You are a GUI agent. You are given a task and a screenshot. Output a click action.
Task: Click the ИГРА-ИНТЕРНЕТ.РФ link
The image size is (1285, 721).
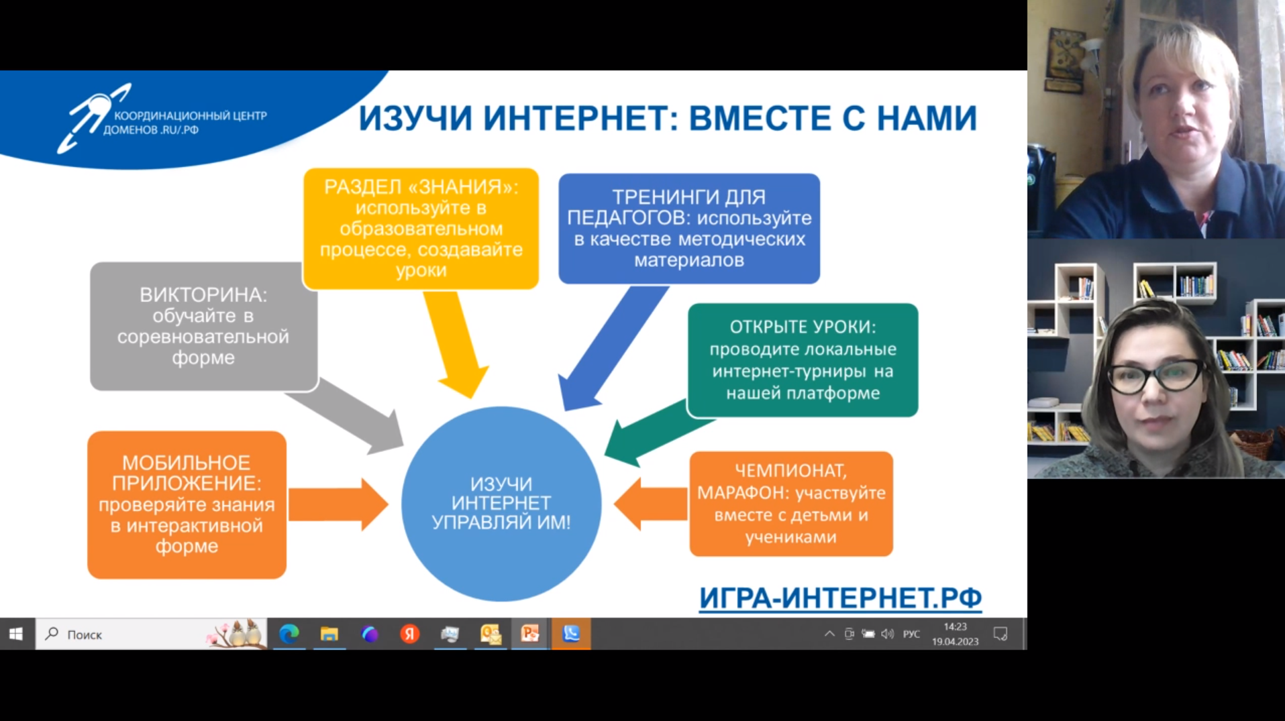840,598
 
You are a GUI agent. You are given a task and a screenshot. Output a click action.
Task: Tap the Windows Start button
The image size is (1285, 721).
17,634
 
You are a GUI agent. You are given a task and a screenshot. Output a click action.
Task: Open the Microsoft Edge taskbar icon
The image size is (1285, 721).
289,634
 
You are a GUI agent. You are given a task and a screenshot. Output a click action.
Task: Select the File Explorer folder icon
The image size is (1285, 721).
329,634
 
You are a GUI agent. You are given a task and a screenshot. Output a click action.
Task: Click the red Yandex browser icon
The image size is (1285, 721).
409,634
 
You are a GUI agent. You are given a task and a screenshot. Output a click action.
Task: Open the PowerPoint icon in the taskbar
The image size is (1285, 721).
530,634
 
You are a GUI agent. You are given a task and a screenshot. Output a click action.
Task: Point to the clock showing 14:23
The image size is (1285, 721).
955,634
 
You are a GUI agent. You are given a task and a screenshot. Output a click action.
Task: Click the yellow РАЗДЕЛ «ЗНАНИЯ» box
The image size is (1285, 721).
421,229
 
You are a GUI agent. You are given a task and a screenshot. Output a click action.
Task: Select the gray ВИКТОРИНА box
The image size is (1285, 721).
203,326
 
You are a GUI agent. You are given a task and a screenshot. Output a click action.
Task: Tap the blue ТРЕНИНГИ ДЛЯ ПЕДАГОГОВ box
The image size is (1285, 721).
689,229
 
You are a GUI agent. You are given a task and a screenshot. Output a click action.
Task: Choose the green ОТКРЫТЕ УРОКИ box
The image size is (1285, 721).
803,360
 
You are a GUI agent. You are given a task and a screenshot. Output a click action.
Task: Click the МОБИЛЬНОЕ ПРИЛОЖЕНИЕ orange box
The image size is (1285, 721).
187,504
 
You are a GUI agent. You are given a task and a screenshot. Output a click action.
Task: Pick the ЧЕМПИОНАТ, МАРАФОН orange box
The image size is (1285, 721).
791,504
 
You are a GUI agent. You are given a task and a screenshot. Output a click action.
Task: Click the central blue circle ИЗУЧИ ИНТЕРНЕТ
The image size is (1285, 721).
501,503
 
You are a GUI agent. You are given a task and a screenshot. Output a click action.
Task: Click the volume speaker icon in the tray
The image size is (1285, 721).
888,634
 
